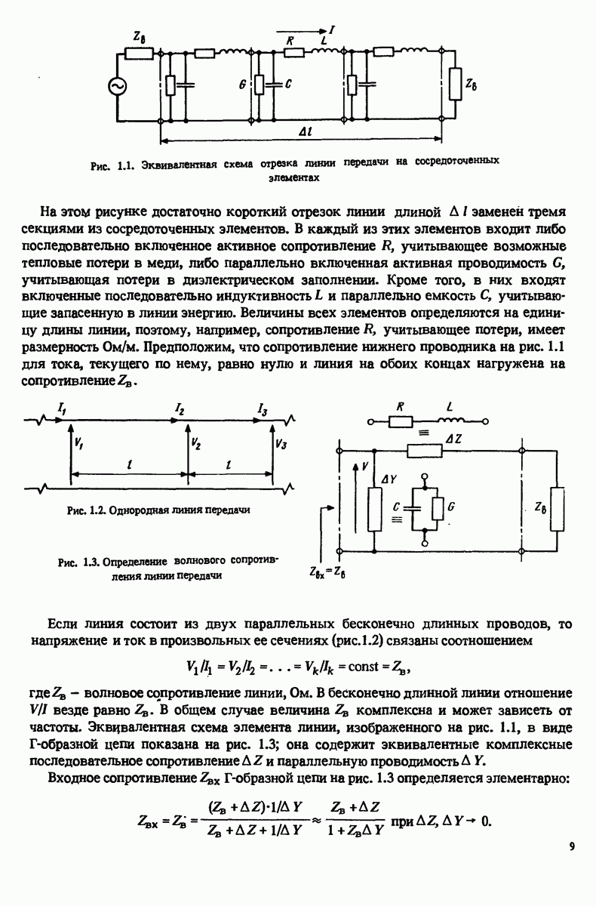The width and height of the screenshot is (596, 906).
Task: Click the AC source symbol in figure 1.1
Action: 118,88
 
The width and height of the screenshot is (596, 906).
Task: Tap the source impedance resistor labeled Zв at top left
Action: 140,54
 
